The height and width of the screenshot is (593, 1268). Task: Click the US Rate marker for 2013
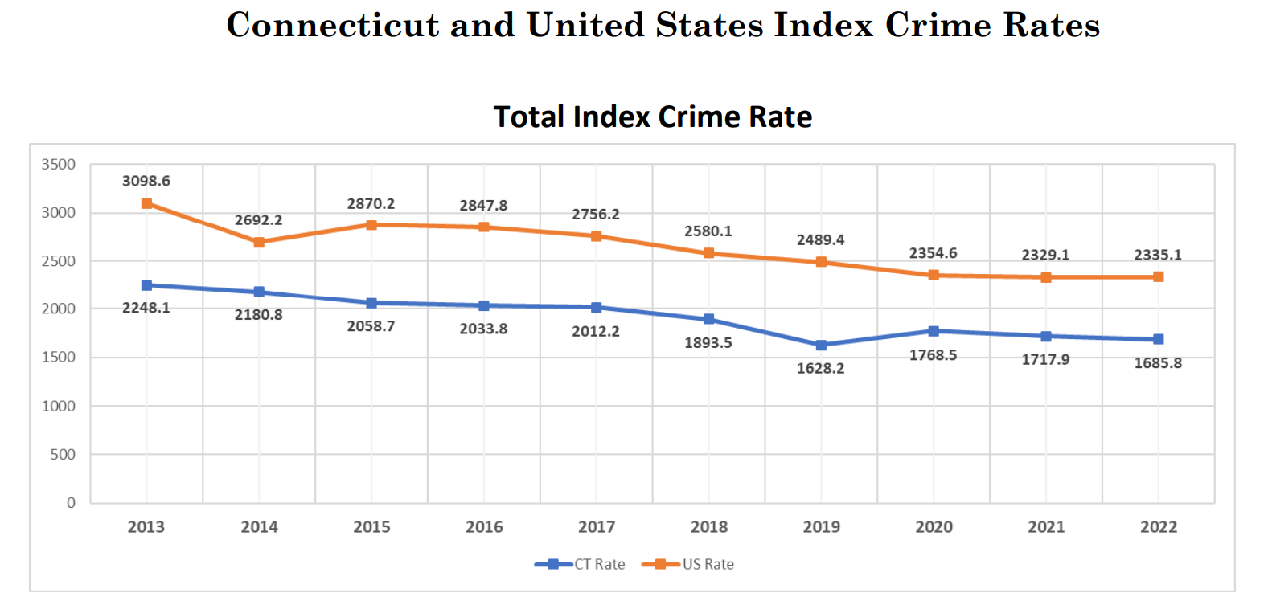click(x=146, y=204)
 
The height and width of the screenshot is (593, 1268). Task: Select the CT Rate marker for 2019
click(x=821, y=346)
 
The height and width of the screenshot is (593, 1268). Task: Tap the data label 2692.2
click(x=258, y=220)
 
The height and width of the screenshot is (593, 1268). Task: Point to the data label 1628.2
click(x=820, y=369)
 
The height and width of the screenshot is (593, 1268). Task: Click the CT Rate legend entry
click(x=581, y=564)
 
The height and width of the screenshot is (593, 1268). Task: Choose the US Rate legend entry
click(x=688, y=564)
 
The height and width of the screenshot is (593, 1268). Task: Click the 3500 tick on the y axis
click(x=59, y=165)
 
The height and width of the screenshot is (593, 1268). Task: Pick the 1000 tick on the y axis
click(x=59, y=406)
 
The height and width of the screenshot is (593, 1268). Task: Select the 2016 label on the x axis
click(x=484, y=527)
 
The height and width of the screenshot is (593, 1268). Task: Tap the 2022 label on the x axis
click(x=1158, y=527)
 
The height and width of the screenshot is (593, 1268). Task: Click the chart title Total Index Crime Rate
click(x=652, y=117)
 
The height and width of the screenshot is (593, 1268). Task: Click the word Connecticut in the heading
click(x=332, y=25)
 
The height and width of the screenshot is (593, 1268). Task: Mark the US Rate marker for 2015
click(x=371, y=225)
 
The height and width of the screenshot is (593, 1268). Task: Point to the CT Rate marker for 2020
click(x=934, y=331)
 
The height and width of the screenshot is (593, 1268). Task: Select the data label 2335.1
click(x=1158, y=255)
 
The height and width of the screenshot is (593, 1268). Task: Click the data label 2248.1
click(x=146, y=308)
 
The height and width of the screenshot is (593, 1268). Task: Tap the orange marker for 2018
click(x=708, y=253)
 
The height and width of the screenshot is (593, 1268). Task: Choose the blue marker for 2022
click(x=1158, y=339)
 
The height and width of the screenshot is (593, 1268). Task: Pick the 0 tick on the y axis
click(x=71, y=503)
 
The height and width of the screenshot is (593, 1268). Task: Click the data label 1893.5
click(x=708, y=343)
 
